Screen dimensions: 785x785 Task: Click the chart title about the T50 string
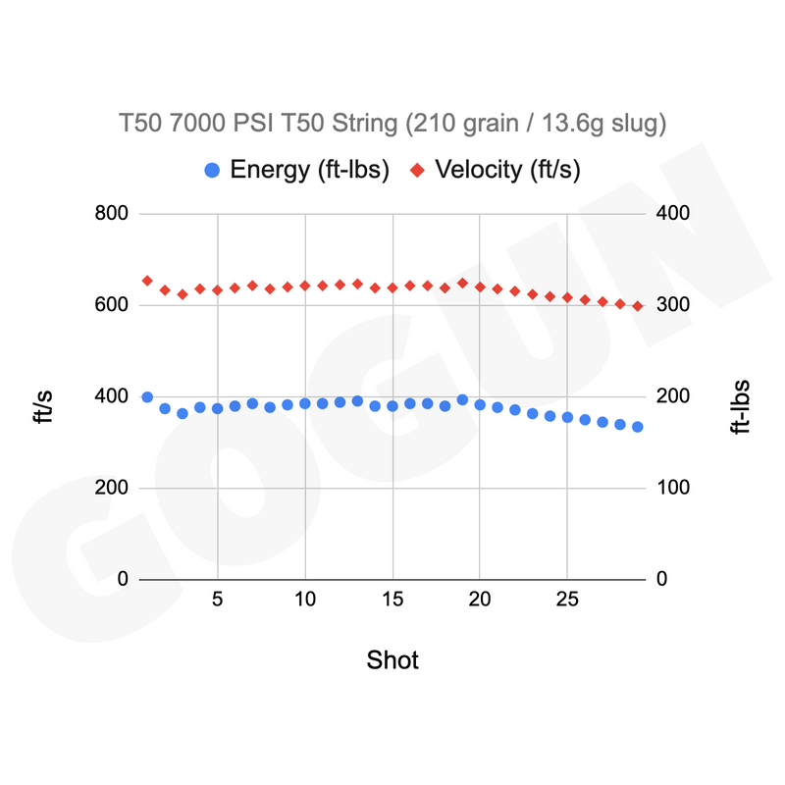point(392,124)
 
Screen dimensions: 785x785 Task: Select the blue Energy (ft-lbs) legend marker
point(212,170)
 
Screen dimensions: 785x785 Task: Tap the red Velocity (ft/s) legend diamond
point(418,170)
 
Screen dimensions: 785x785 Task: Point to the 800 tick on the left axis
point(111,213)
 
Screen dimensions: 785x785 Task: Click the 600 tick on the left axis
point(111,304)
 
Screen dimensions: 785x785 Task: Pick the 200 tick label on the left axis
point(111,487)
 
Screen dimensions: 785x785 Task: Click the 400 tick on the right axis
point(673,213)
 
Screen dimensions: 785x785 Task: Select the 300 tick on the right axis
point(673,304)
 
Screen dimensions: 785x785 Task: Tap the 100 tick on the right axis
point(673,487)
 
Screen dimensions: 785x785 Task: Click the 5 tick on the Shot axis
point(217,600)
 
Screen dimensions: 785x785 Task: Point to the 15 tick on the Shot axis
point(392,600)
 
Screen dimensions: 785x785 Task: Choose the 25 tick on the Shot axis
point(567,600)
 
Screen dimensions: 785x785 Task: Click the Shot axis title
point(392,659)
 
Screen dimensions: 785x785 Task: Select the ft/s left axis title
point(43,406)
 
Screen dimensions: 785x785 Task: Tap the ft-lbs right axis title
point(741,406)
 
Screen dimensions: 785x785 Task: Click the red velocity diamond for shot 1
point(147,281)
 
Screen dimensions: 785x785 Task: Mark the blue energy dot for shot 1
point(147,397)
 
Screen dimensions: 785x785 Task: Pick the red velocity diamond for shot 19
point(462,284)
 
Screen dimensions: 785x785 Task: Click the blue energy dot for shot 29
point(637,427)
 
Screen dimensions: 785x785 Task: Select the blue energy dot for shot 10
point(305,403)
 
